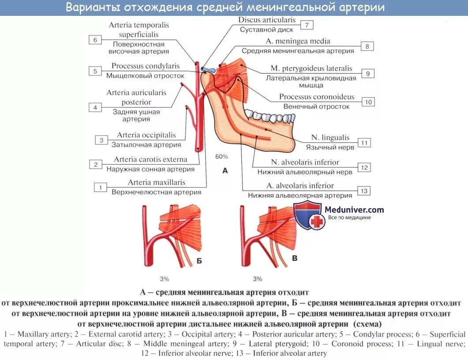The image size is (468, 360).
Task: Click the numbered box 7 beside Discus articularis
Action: (x=307, y=25)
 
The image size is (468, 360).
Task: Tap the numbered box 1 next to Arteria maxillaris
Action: (x=100, y=187)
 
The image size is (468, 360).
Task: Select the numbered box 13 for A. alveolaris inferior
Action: (x=364, y=191)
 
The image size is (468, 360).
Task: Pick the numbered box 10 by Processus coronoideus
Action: (x=368, y=102)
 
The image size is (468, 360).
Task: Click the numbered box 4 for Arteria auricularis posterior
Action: (x=95, y=107)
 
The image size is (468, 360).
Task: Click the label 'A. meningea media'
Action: (x=298, y=41)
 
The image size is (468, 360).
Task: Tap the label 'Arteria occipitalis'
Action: (x=146, y=135)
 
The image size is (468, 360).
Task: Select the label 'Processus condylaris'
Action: (x=146, y=66)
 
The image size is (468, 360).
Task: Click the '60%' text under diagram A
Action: (x=221, y=157)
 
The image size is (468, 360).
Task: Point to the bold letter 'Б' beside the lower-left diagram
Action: (x=199, y=261)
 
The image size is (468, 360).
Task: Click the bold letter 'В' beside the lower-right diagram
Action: (x=295, y=258)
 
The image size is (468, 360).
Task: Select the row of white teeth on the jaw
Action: (x=267, y=117)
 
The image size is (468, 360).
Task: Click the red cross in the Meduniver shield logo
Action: (x=317, y=222)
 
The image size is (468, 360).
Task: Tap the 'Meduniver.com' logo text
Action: (x=354, y=210)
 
